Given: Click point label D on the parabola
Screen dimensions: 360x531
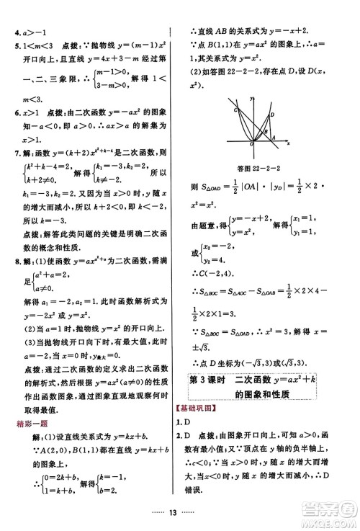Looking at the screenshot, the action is coord(271,115).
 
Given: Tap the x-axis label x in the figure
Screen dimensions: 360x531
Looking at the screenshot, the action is coord(287,143).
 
